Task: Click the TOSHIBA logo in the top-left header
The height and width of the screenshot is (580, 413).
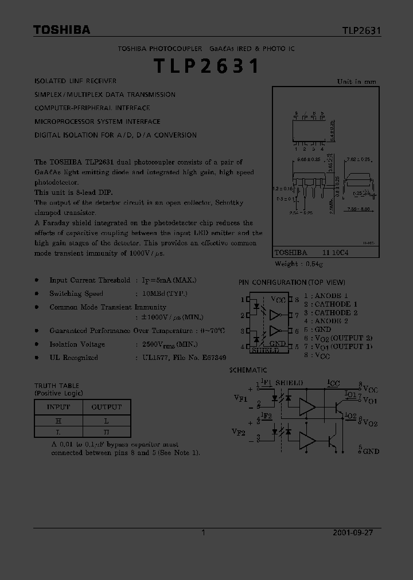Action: click(61, 30)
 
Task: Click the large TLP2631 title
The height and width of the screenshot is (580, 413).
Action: click(206, 67)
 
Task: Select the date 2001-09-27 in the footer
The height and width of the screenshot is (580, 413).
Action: click(353, 532)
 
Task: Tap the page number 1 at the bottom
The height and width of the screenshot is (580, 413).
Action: click(203, 532)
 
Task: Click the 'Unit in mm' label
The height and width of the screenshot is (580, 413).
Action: click(356, 81)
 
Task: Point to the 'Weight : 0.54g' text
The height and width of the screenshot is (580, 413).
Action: click(299, 264)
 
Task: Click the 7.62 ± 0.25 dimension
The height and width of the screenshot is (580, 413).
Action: click(359, 159)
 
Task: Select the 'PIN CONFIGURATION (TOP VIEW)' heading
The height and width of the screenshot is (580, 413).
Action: click(292, 282)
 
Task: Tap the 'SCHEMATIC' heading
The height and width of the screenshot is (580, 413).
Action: click(248, 370)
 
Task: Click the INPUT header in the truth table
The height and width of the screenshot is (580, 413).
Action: click(58, 407)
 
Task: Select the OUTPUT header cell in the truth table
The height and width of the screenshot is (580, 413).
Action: click(107, 407)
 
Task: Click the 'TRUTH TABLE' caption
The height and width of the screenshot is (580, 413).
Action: click(57, 386)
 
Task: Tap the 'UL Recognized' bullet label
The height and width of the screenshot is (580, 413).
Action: click(73, 358)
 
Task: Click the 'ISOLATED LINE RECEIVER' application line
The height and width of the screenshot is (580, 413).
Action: click(75, 81)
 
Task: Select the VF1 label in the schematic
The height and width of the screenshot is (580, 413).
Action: click(240, 397)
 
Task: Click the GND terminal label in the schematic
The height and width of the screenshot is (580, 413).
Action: click(371, 451)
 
